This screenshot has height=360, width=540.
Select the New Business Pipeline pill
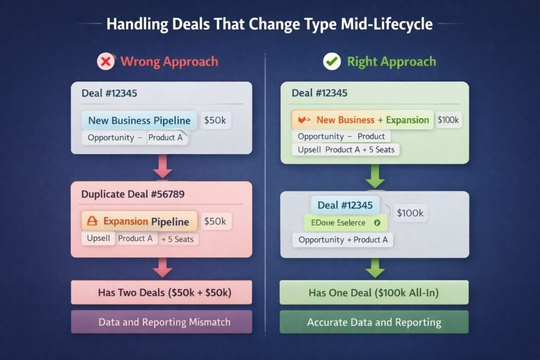[x=139, y=120]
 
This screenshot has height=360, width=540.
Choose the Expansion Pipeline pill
[x=139, y=221]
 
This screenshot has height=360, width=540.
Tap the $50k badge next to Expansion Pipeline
[x=215, y=221]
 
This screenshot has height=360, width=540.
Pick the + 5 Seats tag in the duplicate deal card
[x=177, y=239]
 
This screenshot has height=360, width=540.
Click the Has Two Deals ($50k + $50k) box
[x=161, y=292]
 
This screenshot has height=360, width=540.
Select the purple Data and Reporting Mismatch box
[x=161, y=322]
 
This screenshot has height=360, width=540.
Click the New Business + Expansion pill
[x=362, y=120]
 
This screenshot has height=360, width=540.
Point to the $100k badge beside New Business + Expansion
[x=448, y=120]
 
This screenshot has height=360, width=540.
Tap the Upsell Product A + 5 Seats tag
[x=346, y=150]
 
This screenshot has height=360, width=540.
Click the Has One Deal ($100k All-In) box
[x=374, y=292]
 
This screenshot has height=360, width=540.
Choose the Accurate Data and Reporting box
[x=374, y=322]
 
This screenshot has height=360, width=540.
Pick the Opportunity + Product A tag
[x=343, y=240]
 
